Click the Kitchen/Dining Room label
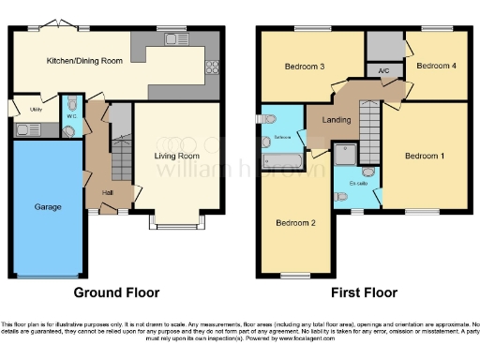(x=85, y=62)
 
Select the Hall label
(x=109, y=194)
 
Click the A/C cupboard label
(x=383, y=70)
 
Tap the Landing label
(x=336, y=120)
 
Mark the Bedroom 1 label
(x=424, y=156)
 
